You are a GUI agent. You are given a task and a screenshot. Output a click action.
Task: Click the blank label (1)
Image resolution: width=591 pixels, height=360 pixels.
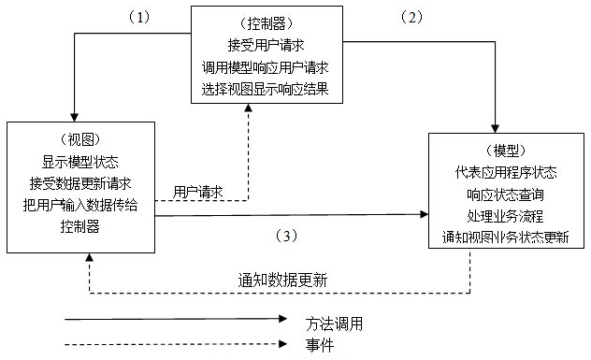[x=139, y=16]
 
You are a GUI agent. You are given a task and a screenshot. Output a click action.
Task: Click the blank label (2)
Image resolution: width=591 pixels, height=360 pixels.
[x=412, y=16]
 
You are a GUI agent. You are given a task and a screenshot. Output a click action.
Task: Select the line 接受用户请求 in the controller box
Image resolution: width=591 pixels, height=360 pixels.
[x=266, y=44]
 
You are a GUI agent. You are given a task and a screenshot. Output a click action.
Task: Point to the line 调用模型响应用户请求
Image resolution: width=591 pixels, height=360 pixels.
[x=266, y=67]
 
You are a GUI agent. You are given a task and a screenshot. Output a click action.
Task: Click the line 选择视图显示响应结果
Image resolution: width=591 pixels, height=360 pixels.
[x=266, y=90]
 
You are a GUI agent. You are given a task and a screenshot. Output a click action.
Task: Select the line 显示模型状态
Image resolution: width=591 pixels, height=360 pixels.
[x=79, y=161]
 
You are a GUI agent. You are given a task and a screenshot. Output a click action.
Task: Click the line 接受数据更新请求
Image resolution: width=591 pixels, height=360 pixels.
[x=79, y=182]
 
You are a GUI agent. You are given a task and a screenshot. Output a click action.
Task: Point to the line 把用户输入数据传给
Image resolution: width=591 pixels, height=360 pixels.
[x=79, y=204]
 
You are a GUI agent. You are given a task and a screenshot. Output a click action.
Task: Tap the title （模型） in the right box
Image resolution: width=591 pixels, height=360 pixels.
[x=506, y=150]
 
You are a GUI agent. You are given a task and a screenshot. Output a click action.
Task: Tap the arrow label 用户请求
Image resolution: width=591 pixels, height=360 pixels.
[x=198, y=191]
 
